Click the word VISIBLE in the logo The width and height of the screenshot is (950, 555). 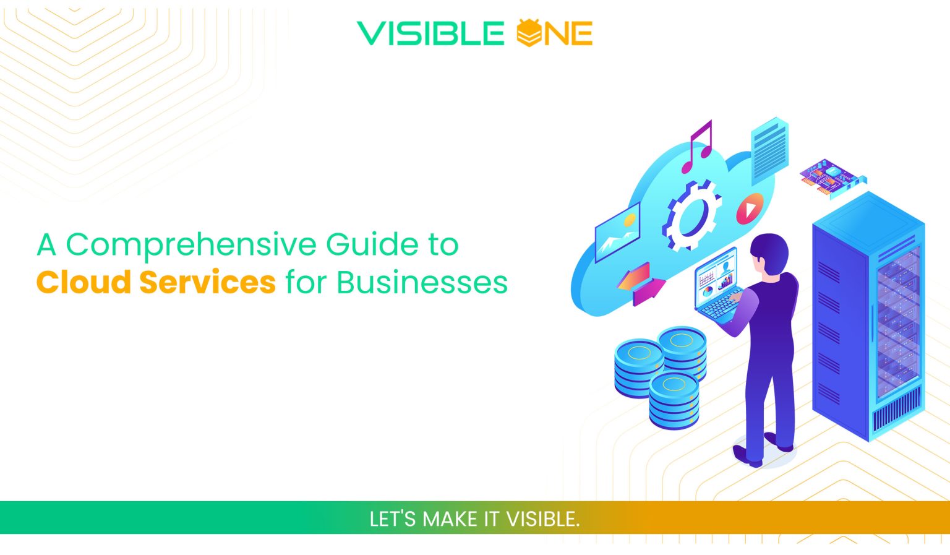coord(430,33)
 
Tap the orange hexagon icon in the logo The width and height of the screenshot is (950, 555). coord(529,33)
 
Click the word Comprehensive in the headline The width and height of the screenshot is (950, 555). coord(192,245)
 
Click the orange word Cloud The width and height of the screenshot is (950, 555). coord(83,282)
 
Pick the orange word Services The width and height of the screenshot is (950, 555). coord(207,282)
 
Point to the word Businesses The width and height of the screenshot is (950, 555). coord(422,282)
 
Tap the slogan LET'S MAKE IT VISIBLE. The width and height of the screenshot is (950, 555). coord(474,518)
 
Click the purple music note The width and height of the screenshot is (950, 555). coord(698,147)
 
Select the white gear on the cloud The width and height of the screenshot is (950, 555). coord(691,216)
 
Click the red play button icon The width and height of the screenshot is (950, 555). coord(750,209)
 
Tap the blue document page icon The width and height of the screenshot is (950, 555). coord(769,148)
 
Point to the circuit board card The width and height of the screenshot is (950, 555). coord(832,176)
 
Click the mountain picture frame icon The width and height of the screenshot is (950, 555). coord(617,233)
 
